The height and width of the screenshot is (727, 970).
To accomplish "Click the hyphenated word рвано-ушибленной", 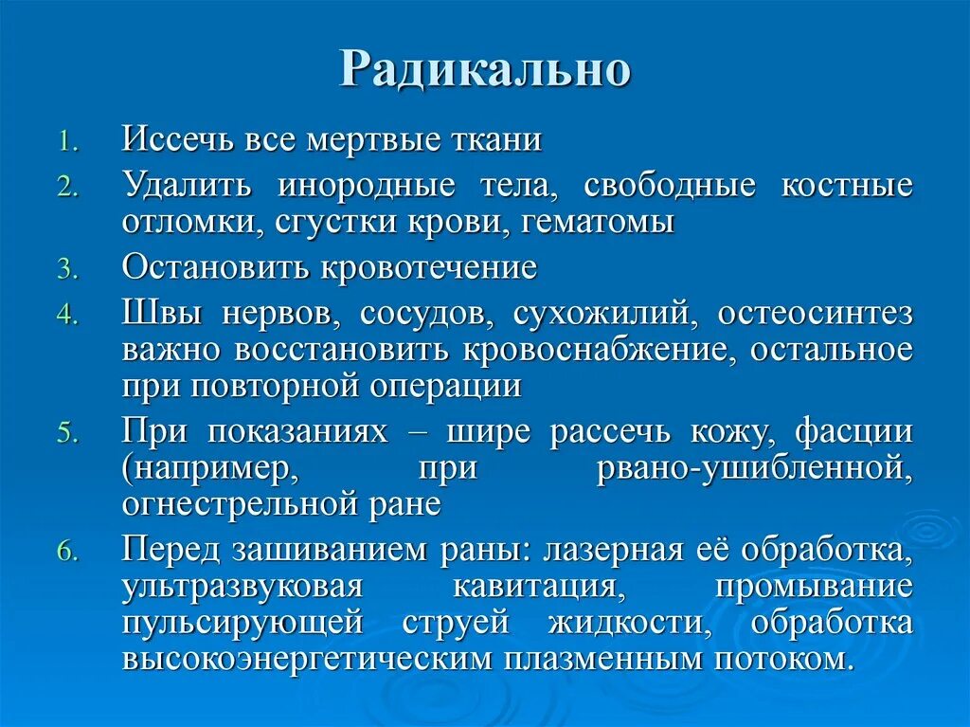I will click(x=755, y=468).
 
